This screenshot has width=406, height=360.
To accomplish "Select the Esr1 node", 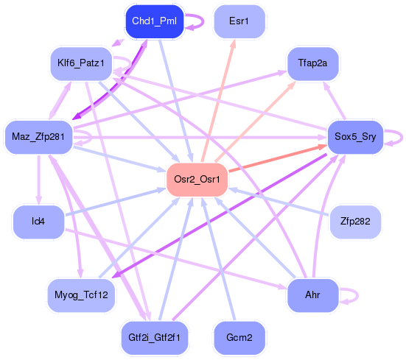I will click(239, 21).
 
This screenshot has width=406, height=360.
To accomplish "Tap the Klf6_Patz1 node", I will click(81, 64).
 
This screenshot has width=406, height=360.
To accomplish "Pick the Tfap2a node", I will click(312, 64).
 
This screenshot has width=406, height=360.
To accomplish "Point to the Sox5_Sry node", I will click(355, 136).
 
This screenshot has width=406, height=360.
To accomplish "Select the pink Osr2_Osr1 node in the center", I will click(197, 179).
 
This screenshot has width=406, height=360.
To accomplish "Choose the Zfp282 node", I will click(355, 220).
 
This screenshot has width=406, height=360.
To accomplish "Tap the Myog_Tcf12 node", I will click(81, 294).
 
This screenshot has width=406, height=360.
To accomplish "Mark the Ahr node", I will click(312, 294).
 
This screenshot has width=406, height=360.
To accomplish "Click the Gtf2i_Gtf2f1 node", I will click(154, 337).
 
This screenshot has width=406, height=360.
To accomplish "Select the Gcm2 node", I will click(239, 337).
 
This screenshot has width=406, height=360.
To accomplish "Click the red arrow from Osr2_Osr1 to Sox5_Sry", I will click(280, 158).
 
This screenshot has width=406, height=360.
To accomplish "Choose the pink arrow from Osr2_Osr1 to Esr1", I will click(220, 96).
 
